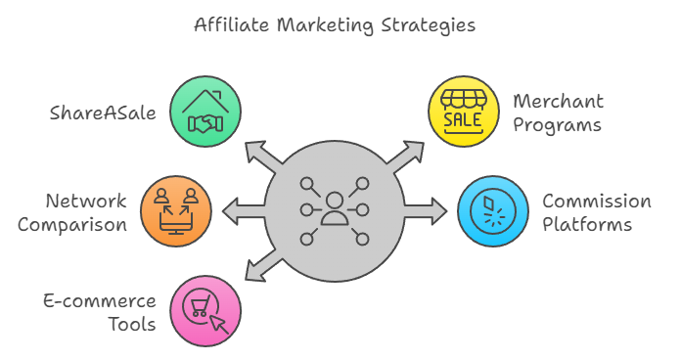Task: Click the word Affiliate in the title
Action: (232, 24)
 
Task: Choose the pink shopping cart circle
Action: (205, 310)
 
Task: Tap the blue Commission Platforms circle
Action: (493, 209)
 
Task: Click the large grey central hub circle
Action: (335, 209)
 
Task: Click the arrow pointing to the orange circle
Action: (241, 209)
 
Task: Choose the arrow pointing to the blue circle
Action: (428, 209)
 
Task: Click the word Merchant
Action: (558, 102)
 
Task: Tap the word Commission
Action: (596, 202)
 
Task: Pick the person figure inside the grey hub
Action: (335, 207)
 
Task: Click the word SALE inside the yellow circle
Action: (463, 119)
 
